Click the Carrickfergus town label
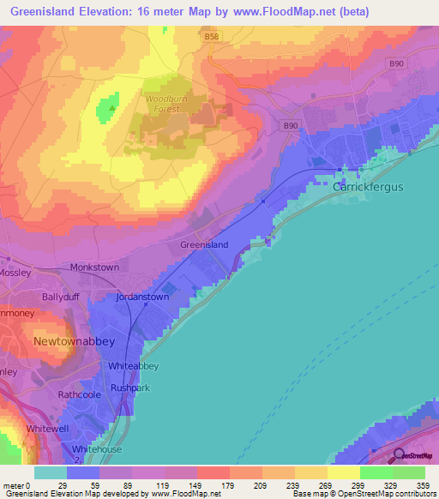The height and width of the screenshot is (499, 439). point(367,186)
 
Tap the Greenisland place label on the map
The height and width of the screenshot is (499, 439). point(204,244)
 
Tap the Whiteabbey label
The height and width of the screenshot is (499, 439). point(134,366)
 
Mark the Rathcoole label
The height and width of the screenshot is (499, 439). point(80,394)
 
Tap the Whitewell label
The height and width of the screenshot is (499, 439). point(48,427)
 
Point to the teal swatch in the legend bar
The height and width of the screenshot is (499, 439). point(50,472)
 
